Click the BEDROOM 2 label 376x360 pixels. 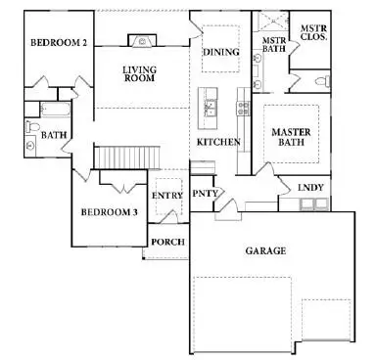tap(59, 43)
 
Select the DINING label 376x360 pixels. tap(220, 52)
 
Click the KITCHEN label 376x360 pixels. tap(216, 142)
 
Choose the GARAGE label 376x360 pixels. tap(265, 250)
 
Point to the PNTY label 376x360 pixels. tap(204, 194)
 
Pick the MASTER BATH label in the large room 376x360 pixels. tap(292, 138)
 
